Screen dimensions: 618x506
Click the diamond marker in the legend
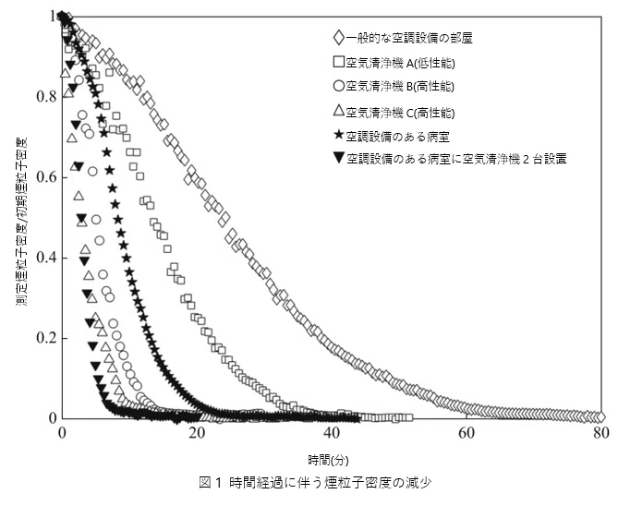click(339, 38)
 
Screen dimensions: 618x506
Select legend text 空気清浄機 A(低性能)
click(400, 63)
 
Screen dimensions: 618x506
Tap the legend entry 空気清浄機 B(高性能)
click(400, 86)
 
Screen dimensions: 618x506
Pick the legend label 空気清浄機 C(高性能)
click(400, 113)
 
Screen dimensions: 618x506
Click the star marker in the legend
click(339, 135)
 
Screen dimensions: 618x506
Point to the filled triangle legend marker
click(339, 158)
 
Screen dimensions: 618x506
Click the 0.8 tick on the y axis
click(46, 97)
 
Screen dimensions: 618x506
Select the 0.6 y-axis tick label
click(46, 177)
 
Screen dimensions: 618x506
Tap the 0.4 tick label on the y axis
click(46, 258)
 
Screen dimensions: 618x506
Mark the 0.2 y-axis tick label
click(46, 338)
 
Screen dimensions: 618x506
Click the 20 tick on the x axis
click(196, 433)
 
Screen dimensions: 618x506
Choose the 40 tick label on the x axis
click(332, 433)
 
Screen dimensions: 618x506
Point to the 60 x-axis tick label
click(467, 433)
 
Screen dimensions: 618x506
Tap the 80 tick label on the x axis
click(601, 433)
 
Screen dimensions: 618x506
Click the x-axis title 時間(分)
click(328, 460)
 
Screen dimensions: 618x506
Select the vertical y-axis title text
click(21, 222)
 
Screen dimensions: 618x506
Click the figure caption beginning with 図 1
click(314, 482)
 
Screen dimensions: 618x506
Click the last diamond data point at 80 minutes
click(600, 417)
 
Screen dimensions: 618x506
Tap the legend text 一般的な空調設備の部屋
click(409, 38)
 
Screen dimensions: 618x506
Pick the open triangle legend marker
click(339, 111)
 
